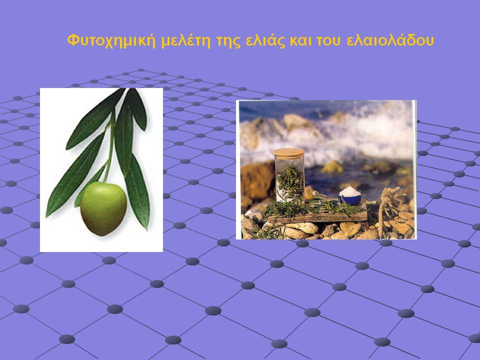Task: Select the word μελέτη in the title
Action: (x=186, y=40)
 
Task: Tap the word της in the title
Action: (x=228, y=41)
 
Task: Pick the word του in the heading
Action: (x=328, y=41)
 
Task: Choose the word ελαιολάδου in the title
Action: (x=390, y=40)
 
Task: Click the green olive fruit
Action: (x=103, y=208)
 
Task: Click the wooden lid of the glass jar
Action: (x=288, y=152)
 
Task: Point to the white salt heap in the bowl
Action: (x=350, y=191)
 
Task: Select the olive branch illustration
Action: (x=101, y=170)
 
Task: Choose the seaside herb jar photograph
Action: (x=326, y=169)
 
